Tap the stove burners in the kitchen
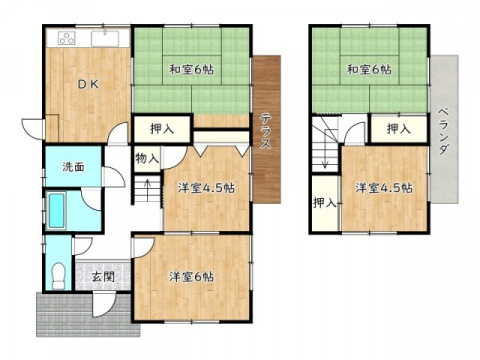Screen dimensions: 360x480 click(x=65, y=40)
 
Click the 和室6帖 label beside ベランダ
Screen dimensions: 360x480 click(x=367, y=70)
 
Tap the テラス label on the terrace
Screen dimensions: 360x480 click(x=267, y=131)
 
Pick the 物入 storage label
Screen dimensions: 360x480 click(x=146, y=158)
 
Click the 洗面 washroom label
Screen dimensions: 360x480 click(x=72, y=166)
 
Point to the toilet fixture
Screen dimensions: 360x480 click(x=59, y=272)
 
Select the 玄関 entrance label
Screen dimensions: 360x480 click(x=103, y=277)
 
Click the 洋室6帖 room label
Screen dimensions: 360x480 click(x=190, y=277)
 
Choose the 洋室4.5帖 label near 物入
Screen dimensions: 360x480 click(x=206, y=188)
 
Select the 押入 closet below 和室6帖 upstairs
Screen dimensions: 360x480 click(x=398, y=128)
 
